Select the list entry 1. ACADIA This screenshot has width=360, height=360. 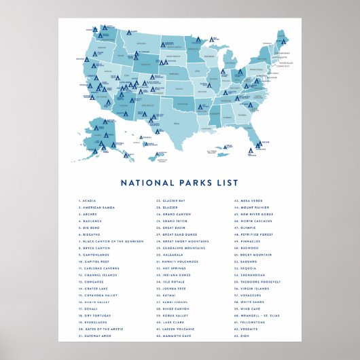pos(89,201)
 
